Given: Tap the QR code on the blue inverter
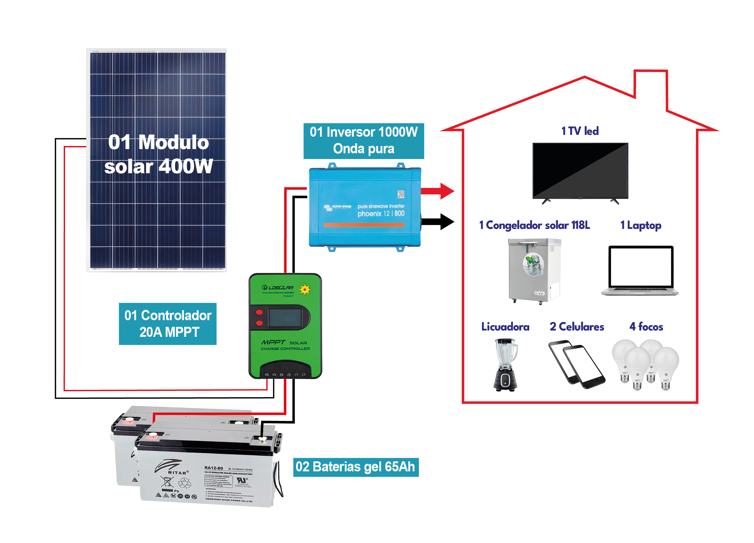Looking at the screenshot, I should tap(401, 194).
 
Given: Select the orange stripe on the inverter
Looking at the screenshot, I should tap(364, 225).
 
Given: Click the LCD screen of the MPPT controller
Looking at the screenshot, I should tap(285, 317).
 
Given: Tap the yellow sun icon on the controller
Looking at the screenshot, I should tap(305, 289).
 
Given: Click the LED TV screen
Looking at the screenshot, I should tap(580, 170).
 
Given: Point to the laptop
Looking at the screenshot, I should tap(640, 270).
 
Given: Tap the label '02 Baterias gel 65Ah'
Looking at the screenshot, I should tap(356, 467).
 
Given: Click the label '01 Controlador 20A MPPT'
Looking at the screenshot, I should tap(168, 324).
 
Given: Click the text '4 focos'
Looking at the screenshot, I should tap(646, 327).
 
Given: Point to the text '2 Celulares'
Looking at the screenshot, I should tap(577, 327).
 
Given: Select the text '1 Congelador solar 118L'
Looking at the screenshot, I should tap(534, 225).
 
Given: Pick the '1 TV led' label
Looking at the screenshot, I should tap(580, 131).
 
